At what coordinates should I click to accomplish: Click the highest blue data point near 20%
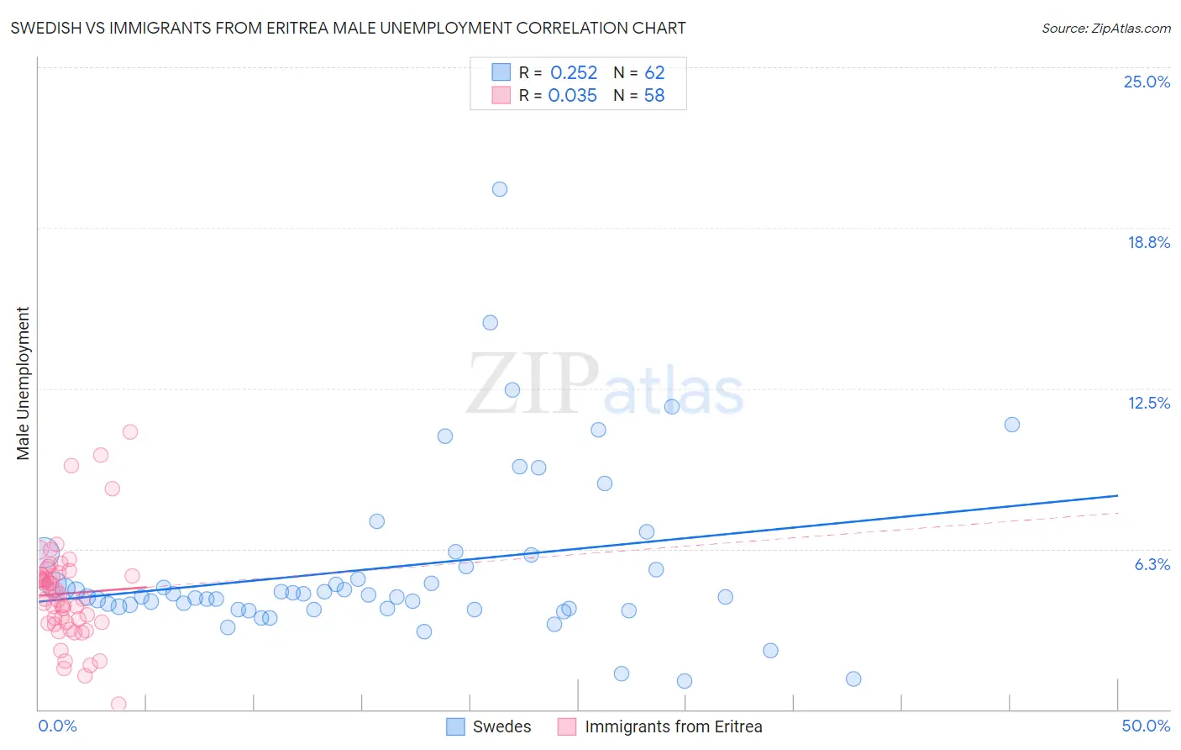500,189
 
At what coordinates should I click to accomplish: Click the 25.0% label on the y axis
1147,82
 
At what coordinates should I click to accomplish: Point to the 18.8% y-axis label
1148,242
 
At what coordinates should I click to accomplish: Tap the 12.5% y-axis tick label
1148,403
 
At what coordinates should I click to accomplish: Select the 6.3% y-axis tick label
1152,564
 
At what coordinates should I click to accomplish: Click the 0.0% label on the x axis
57,726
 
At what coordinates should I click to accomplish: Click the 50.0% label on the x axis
1146,726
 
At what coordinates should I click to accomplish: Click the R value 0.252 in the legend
574,73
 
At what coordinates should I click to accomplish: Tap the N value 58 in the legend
654,96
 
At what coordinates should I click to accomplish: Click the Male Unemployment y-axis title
23,383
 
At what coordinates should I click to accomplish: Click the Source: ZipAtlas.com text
1105,29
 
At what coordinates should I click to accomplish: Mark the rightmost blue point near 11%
1012,425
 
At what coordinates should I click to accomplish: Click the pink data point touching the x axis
118,704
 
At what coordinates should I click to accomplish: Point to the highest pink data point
130,432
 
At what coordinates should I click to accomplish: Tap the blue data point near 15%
491,323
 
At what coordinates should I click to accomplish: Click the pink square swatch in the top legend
501,95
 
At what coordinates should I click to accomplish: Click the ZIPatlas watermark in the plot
605,385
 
